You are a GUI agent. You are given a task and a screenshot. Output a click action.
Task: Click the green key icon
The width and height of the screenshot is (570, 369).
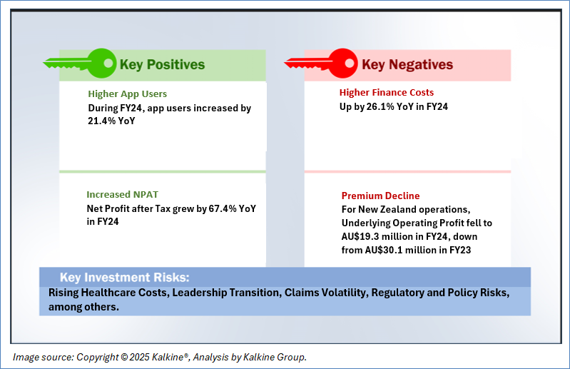(x=81, y=64)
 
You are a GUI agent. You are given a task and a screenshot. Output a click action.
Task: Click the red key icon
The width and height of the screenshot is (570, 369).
(x=321, y=64)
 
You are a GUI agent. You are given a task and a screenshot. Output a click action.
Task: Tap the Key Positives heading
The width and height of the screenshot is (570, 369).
(x=162, y=64)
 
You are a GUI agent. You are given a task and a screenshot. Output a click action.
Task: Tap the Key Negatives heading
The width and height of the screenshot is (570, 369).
(x=407, y=64)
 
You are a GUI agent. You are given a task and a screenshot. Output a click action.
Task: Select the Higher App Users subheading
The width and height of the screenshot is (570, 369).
(x=127, y=93)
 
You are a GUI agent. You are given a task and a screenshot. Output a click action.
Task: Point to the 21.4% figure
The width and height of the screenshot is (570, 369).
(x=102, y=121)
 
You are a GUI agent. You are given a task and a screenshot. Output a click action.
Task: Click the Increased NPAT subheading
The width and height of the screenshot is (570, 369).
(x=122, y=195)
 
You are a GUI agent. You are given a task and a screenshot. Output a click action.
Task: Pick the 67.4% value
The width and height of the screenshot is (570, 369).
(x=223, y=208)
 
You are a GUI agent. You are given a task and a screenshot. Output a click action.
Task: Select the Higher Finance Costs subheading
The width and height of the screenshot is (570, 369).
(x=387, y=92)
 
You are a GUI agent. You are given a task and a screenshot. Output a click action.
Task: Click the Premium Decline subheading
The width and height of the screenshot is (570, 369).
(x=380, y=196)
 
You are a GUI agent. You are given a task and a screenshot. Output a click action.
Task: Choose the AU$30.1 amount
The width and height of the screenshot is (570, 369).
(x=387, y=250)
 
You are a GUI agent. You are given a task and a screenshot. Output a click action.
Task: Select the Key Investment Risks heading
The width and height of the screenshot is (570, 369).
(x=124, y=278)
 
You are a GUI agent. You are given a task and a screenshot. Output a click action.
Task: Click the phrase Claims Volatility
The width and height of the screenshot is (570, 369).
(x=326, y=293)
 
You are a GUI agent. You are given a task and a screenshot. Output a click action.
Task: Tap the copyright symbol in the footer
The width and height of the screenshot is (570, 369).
(x=123, y=358)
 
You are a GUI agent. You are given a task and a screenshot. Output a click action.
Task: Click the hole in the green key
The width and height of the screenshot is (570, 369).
(x=108, y=64)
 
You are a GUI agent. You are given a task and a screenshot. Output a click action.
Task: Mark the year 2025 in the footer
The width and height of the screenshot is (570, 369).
(x=139, y=358)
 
